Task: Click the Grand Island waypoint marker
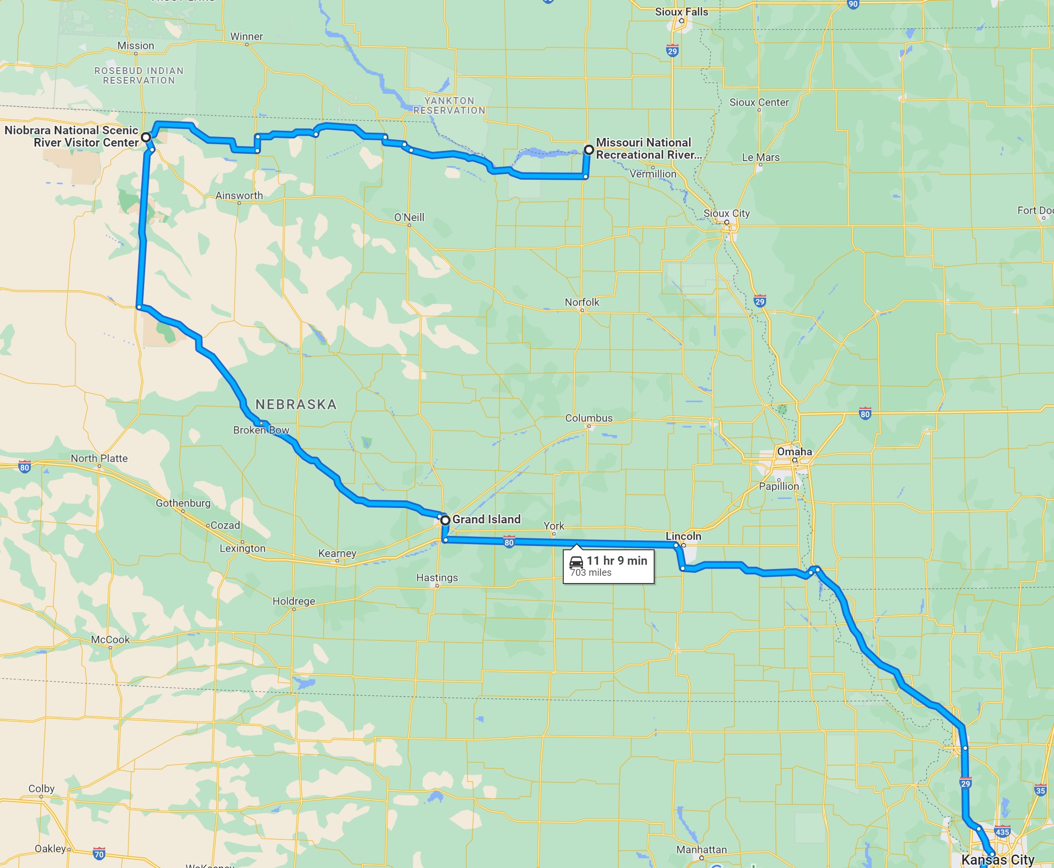point(445,521)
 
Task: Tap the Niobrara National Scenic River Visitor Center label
point(72,136)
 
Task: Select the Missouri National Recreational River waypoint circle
point(589,149)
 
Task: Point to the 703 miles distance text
point(591,573)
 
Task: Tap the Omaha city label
point(794,451)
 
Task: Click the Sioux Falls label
point(681,12)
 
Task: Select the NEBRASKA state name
point(296,404)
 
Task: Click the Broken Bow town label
point(261,430)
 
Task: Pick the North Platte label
point(99,458)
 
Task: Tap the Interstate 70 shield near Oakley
point(99,854)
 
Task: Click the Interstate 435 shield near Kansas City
point(1002,832)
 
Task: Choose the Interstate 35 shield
point(1041,791)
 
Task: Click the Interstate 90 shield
point(853,3)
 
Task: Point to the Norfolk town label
point(582,302)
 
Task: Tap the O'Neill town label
point(409,217)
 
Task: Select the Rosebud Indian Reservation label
point(139,75)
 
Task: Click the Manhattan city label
point(701,850)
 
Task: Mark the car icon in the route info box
point(576,561)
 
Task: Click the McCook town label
point(110,640)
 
